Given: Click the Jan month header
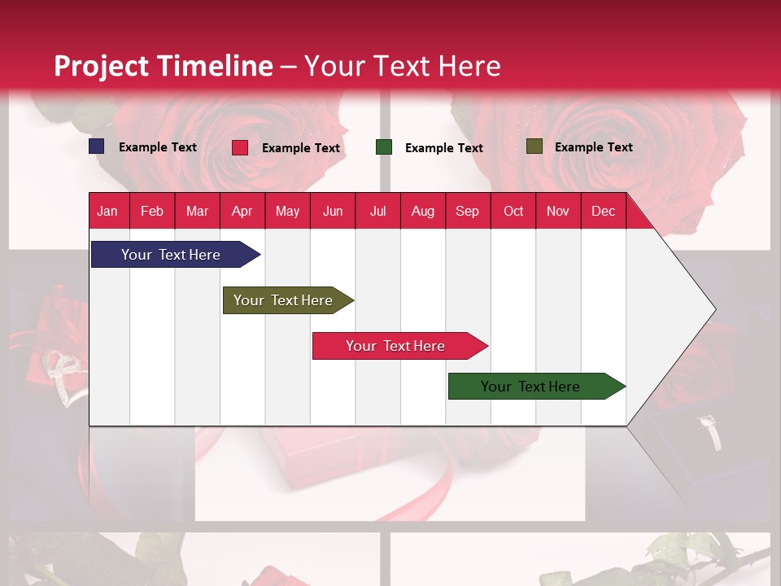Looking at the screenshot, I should (x=107, y=212).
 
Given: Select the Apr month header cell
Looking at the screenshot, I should (x=242, y=212).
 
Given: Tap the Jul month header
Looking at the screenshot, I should (x=377, y=212).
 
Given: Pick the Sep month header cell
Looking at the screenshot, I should (x=467, y=212).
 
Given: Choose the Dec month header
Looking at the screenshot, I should (x=603, y=212).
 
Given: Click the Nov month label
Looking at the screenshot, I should (x=558, y=212).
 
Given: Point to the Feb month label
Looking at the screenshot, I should (x=152, y=212).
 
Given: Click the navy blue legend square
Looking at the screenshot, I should (x=97, y=146).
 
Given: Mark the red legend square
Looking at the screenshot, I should (x=240, y=147).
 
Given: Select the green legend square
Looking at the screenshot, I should (x=384, y=147).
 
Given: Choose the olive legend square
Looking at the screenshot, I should (x=534, y=146).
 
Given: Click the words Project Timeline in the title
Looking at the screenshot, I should (x=163, y=66).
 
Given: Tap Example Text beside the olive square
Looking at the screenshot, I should (x=593, y=147).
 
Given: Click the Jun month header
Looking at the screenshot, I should (x=333, y=212).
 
